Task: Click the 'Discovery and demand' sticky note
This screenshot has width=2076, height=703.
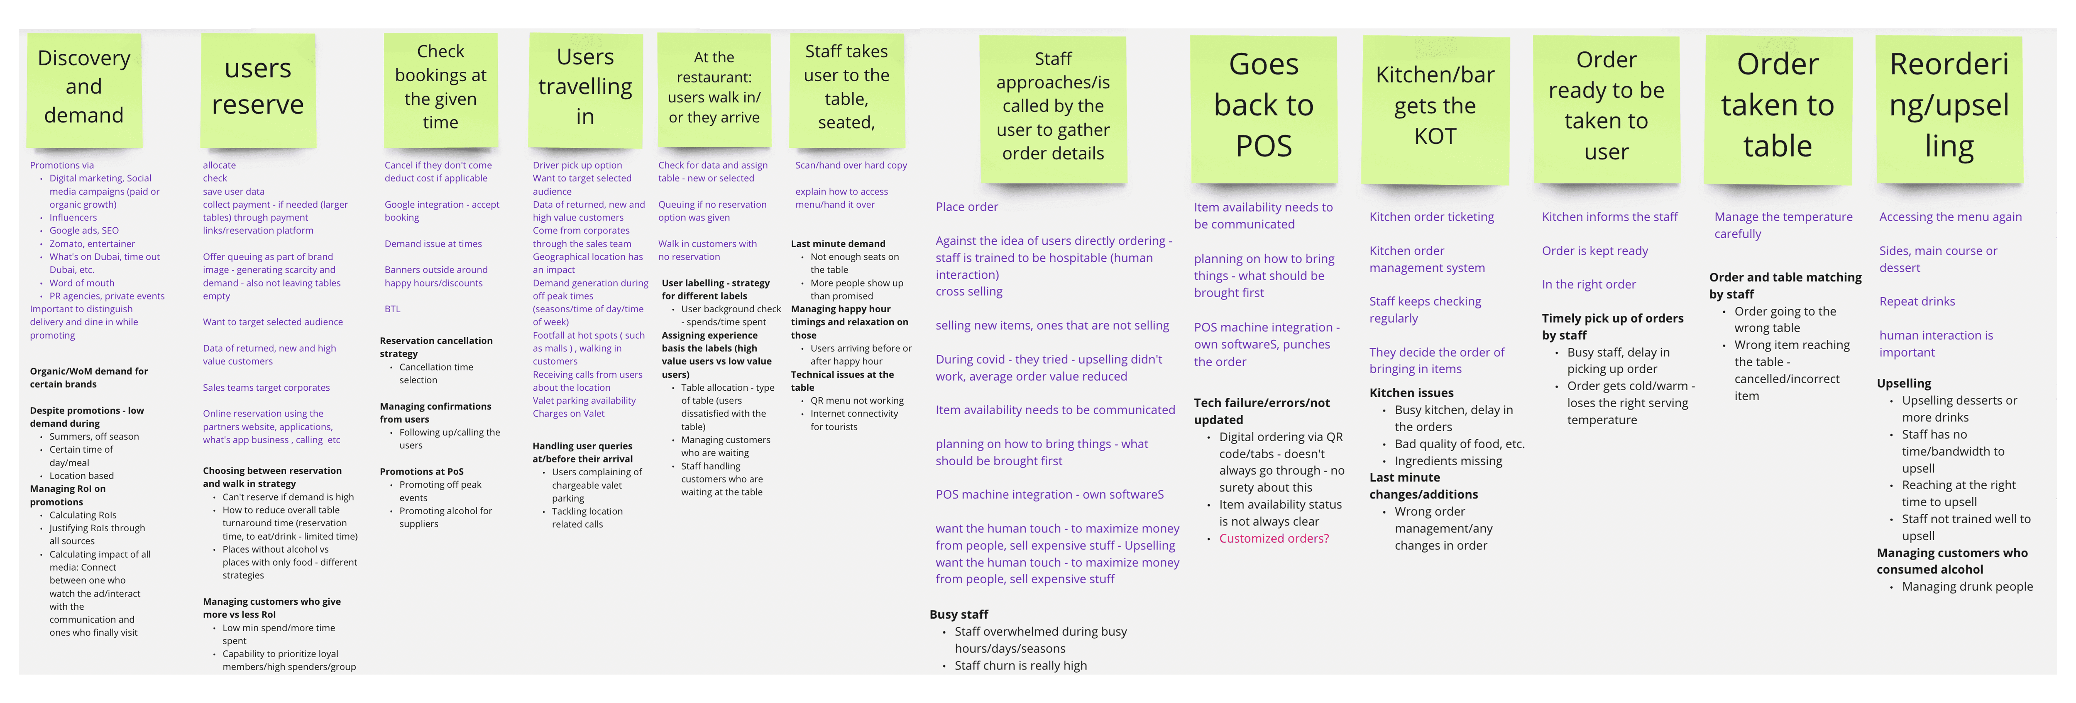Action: click(85, 89)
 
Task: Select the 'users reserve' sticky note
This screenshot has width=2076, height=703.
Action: click(258, 89)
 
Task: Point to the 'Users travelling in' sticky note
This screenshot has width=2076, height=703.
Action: click(585, 89)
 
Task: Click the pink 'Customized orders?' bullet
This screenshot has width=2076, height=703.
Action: click(1273, 539)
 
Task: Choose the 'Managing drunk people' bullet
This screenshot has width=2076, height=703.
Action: click(1966, 587)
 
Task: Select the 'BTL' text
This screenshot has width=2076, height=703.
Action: click(392, 309)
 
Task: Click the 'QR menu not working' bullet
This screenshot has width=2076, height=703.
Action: click(857, 401)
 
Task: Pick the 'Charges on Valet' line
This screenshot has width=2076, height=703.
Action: click(568, 413)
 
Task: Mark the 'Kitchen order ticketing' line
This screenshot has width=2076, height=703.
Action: click(1431, 217)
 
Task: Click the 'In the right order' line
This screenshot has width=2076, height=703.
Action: click(1588, 284)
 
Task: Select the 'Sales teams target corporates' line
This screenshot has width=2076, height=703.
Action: click(266, 388)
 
